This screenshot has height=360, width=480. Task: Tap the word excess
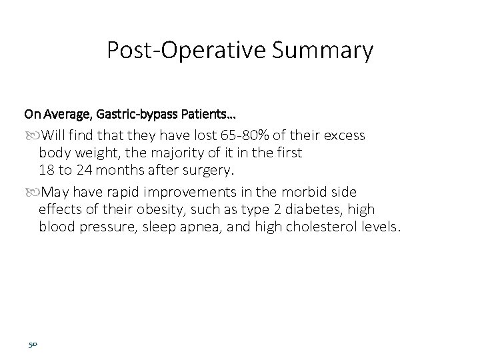tap(341, 135)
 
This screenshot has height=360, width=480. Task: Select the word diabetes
tap(315, 210)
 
